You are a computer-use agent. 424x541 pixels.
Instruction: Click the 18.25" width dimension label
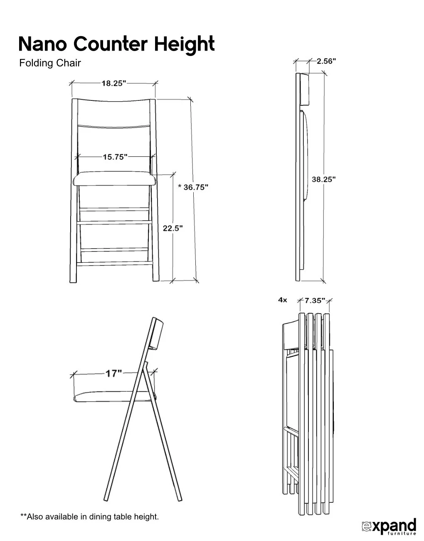click(114, 83)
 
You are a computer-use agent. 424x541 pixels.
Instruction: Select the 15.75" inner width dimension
click(115, 157)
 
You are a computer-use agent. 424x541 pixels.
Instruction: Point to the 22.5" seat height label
click(173, 229)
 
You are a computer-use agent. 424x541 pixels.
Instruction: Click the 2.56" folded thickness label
click(326, 61)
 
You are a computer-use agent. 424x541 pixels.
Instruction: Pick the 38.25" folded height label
click(324, 179)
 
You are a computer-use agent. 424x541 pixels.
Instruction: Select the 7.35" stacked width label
click(315, 300)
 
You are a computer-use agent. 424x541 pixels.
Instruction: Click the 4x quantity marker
click(283, 300)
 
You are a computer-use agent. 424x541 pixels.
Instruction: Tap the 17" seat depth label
click(113, 373)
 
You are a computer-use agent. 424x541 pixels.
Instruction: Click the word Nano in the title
click(43, 44)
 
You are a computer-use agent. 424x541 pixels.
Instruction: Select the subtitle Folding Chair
click(50, 63)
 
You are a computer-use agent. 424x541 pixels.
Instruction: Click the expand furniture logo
click(389, 526)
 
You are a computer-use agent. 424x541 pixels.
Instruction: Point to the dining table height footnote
click(90, 517)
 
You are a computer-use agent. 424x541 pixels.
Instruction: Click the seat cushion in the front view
click(114, 179)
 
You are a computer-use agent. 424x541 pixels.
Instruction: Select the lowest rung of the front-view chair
click(115, 263)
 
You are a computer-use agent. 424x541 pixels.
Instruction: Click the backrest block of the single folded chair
click(305, 89)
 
